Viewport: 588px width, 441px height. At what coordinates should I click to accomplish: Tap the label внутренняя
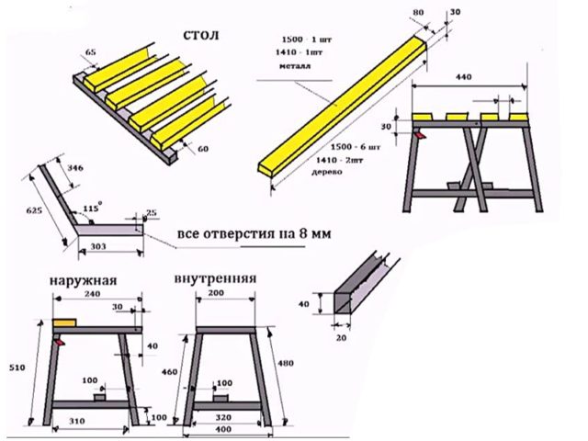tap(213, 278)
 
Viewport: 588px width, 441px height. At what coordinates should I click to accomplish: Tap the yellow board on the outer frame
tap(65, 324)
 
